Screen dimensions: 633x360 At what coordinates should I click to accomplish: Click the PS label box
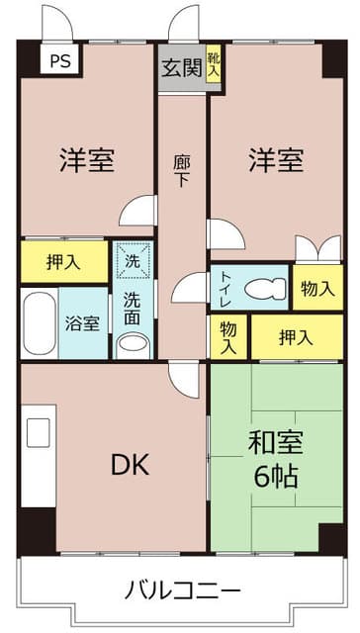[59, 57]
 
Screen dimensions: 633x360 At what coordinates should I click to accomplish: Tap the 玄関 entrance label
[181, 68]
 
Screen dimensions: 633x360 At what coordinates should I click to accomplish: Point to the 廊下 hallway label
[181, 172]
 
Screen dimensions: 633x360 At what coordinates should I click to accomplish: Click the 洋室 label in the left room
[85, 159]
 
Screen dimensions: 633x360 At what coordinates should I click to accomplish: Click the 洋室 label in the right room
[275, 159]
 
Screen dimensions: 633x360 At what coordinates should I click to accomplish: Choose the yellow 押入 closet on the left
[63, 263]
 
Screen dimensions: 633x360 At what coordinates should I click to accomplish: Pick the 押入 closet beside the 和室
[295, 337]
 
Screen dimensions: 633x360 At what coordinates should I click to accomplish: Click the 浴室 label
[83, 323]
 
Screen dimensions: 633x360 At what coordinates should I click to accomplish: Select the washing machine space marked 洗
[133, 262]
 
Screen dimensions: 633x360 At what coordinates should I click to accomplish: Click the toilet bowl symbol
[263, 287]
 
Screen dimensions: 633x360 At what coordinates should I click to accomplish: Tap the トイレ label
[225, 286]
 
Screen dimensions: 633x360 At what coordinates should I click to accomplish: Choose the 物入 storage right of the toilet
[316, 288]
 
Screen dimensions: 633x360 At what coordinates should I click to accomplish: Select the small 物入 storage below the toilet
[227, 337]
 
